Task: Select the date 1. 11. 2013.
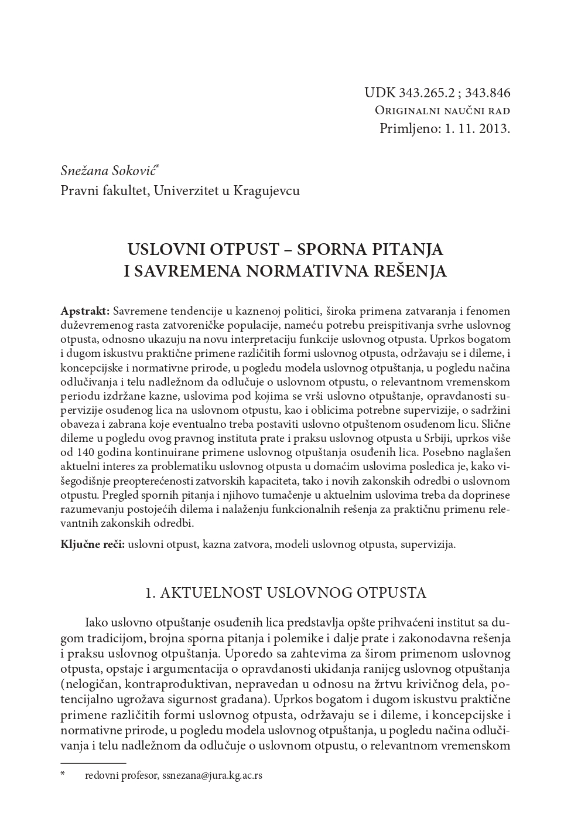coord(478,128)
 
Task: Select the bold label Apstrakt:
coord(85,311)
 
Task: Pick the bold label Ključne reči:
coord(93,544)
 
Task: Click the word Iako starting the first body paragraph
coord(96,622)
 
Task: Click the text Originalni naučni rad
coord(442,111)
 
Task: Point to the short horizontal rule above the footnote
coord(93,763)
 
